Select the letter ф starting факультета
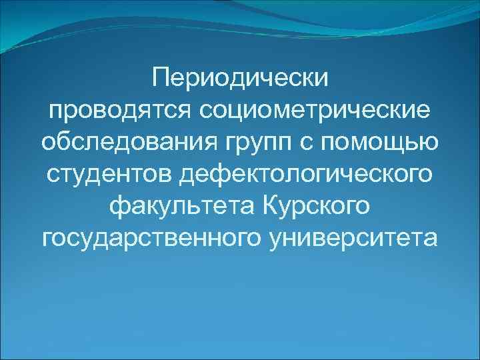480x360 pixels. click(x=116, y=205)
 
